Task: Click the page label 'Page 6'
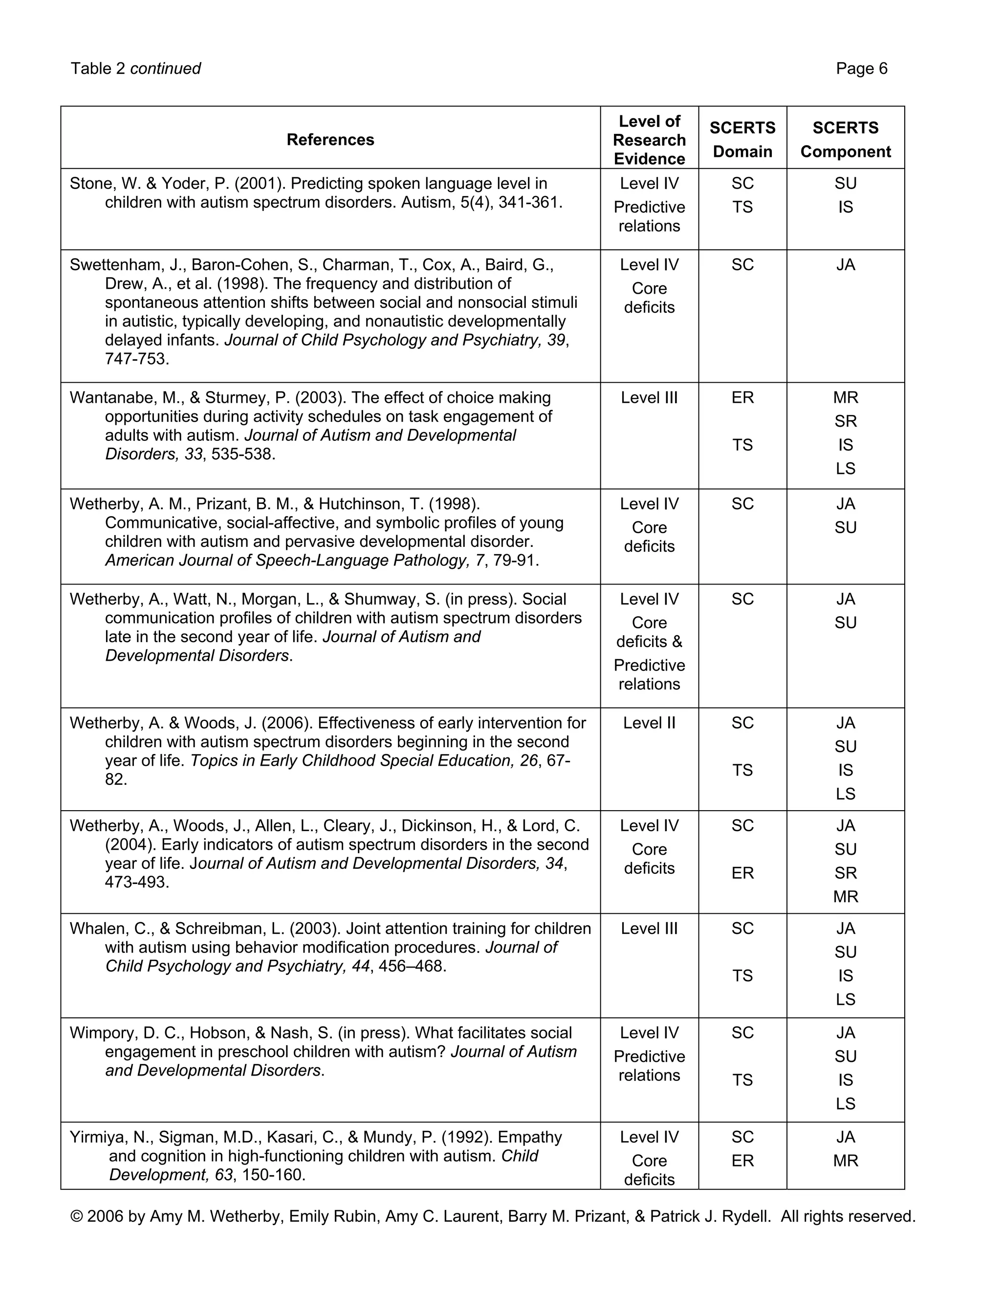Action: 861,69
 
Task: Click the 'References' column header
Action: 330,139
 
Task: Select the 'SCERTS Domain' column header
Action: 742,139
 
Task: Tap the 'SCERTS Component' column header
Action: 845,139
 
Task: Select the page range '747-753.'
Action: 137,359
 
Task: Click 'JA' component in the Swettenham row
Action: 845,265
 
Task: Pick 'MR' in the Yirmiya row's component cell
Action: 845,1161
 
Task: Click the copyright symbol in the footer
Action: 76,1217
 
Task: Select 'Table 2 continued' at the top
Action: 136,69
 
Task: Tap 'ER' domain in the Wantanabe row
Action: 742,397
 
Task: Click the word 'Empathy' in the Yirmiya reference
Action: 529,1137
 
